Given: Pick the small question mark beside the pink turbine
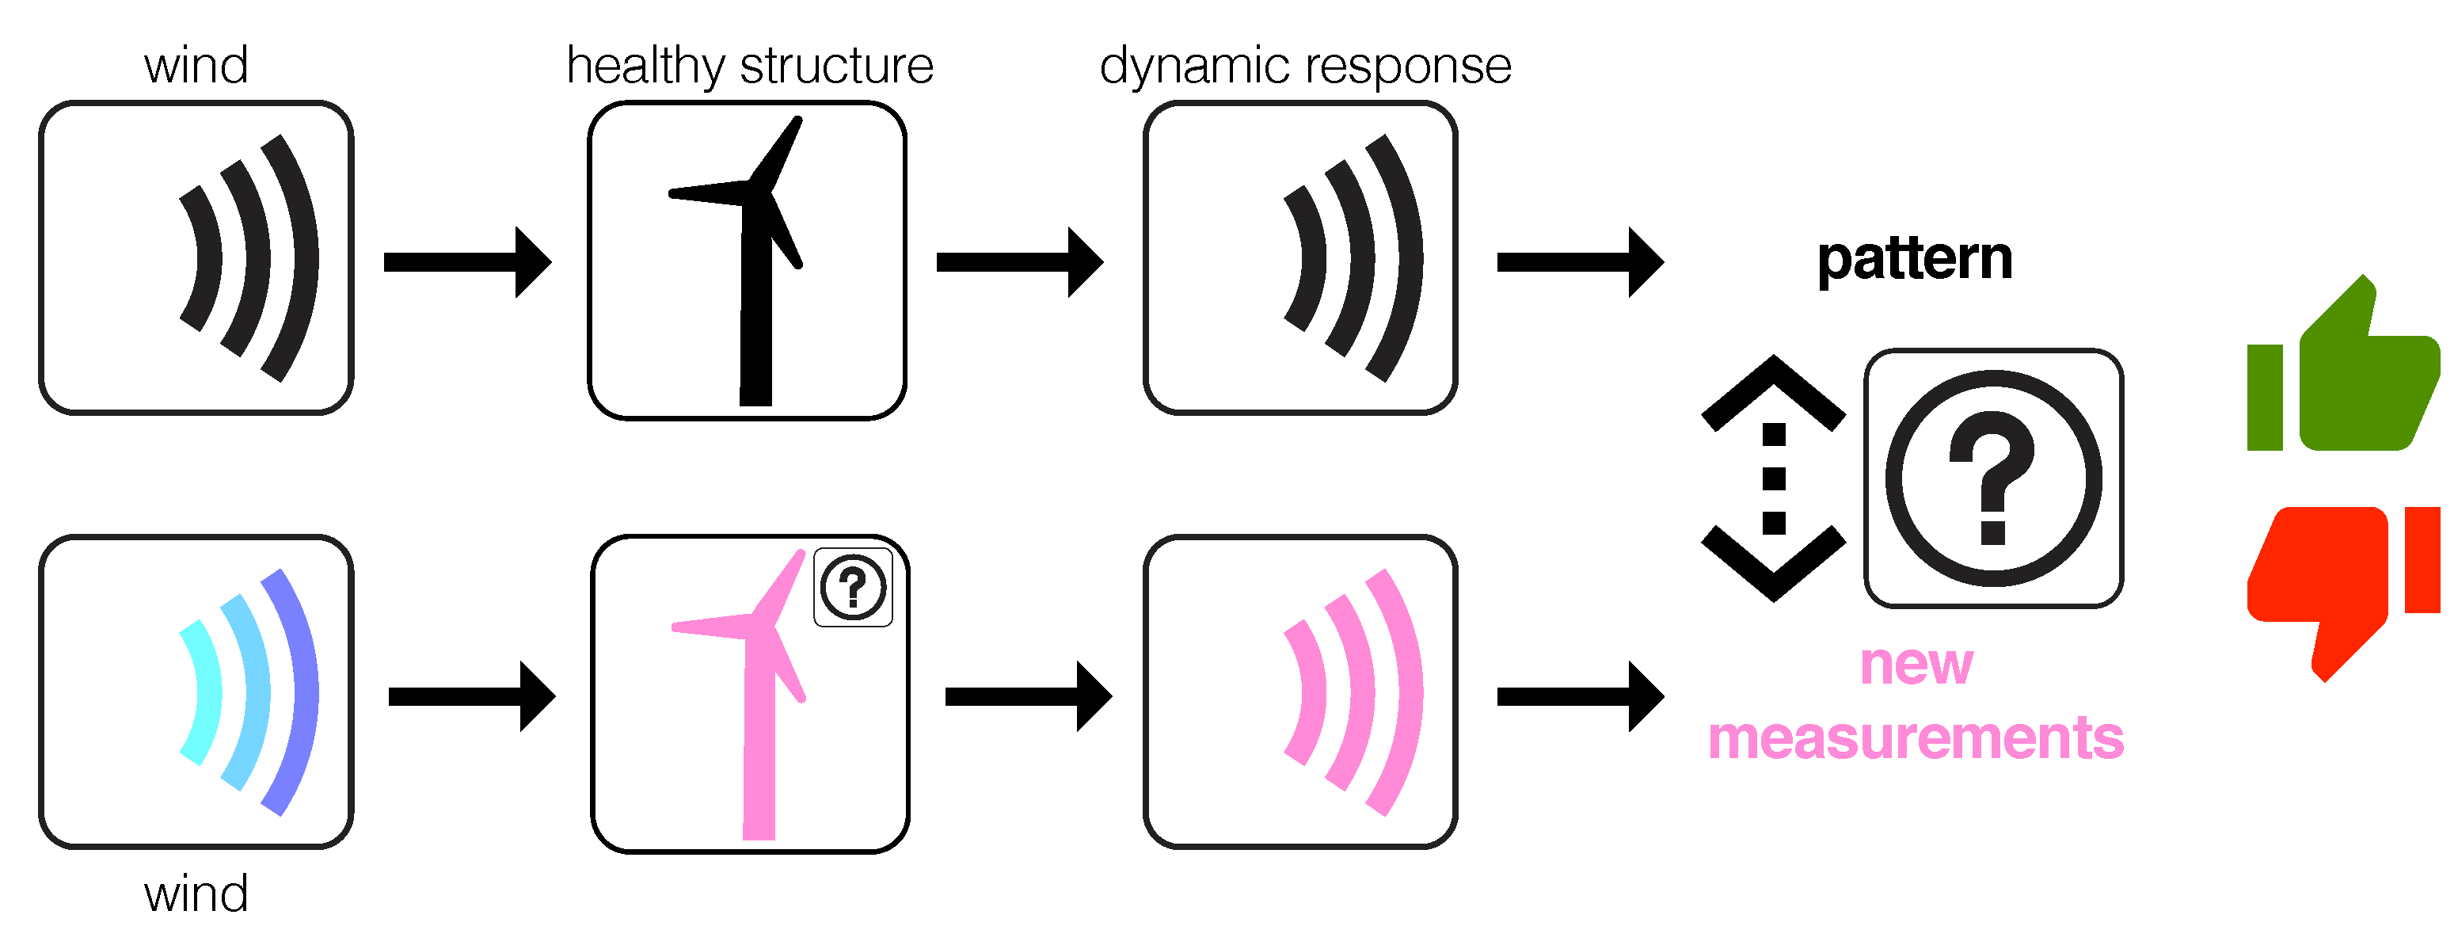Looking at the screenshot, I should tap(853, 587).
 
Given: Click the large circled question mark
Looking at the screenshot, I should tap(1993, 478).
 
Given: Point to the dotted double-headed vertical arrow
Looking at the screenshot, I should tap(1773, 478).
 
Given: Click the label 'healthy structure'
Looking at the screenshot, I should tap(750, 66).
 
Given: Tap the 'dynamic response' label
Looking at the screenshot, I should tap(1305, 66).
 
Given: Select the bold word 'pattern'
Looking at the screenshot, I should tap(1914, 259).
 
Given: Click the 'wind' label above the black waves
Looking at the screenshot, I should tap(196, 66).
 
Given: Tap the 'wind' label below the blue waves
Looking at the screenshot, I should tap(196, 894).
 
